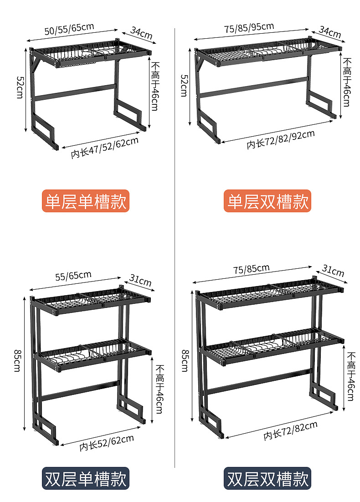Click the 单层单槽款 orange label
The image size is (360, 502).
tap(86, 201)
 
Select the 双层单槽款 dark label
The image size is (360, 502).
tap(86, 478)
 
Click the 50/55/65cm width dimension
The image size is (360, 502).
tap(69, 29)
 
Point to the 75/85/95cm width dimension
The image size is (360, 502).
tap(249, 28)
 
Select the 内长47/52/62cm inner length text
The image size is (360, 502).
tap(105, 147)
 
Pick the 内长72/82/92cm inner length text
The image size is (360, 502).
tap(281, 139)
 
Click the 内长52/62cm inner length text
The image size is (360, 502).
tap(107, 442)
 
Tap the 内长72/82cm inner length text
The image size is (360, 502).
tap(290, 430)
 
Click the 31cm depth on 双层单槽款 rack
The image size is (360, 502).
tap(141, 281)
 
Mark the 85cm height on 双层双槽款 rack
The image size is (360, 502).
tap(185, 360)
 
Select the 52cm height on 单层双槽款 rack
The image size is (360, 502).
tap(184, 85)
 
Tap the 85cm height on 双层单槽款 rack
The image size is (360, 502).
tap(17, 360)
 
